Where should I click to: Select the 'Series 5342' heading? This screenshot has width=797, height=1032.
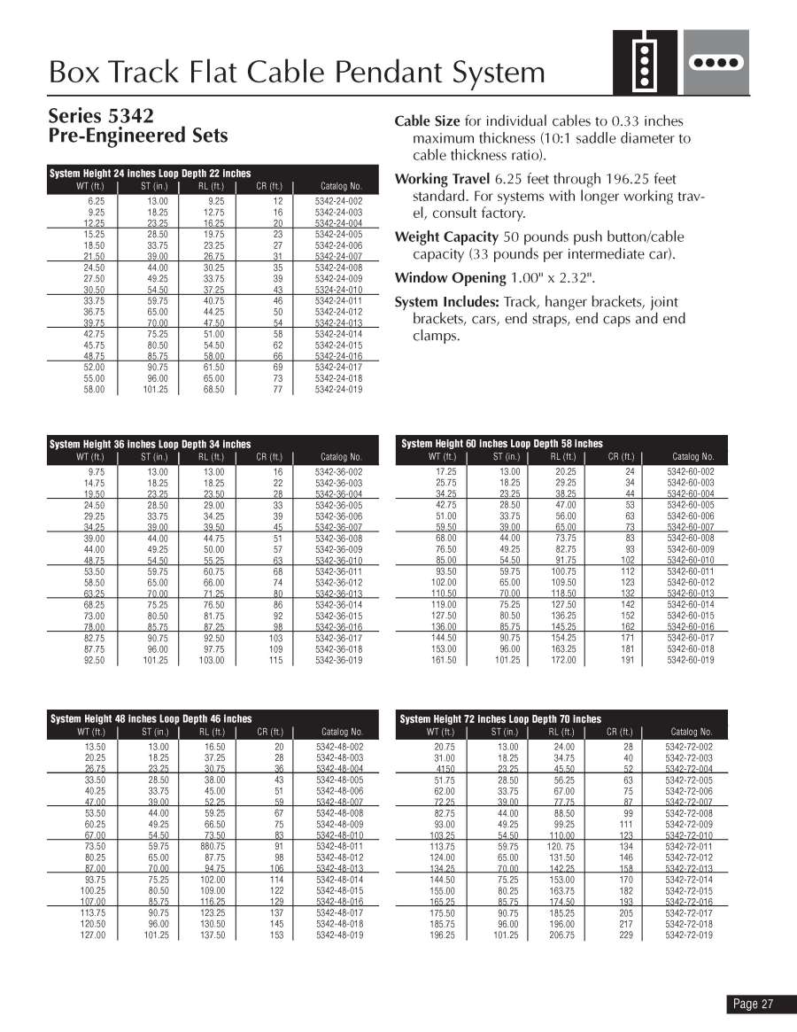[101, 116]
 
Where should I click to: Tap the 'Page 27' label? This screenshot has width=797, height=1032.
[753, 1004]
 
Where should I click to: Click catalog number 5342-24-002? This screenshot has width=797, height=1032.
[338, 202]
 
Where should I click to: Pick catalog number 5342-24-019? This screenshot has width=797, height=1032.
[338, 389]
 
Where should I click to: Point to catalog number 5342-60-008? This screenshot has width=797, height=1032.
[690, 539]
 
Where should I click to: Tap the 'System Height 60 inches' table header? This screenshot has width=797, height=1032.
[502, 444]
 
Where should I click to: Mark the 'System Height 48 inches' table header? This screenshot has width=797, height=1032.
[151, 719]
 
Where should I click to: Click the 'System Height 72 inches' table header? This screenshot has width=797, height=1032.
[500, 719]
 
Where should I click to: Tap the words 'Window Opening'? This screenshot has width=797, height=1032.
[449, 278]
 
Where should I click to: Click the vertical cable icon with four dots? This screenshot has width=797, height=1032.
[646, 63]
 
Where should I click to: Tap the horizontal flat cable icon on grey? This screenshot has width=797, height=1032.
[715, 63]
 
